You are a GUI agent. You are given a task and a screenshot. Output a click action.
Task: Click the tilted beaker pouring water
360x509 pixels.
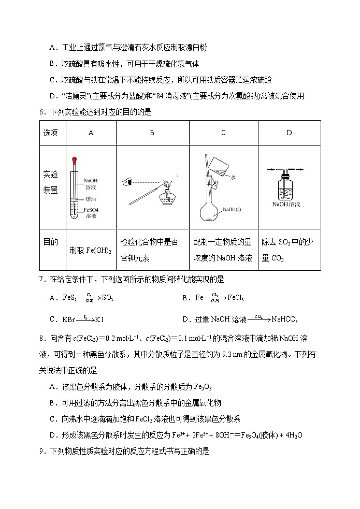click(x=219, y=165)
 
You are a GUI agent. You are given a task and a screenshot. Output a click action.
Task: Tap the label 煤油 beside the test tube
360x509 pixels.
click(x=90, y=198)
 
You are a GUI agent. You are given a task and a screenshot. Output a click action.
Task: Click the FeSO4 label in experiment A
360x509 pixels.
click(x=91, y=210)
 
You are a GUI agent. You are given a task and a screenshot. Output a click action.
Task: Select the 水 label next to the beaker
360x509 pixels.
click(x=234, y=177)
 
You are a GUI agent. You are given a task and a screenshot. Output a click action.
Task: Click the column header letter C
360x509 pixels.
click(x=223, y=133)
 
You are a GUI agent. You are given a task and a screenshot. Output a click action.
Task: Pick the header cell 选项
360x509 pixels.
click(x=51, y=133)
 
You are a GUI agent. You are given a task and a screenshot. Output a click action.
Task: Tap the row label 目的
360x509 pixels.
click(x=51, y=242)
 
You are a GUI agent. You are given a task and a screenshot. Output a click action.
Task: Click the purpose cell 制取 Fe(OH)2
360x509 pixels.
click(x=91, y=251)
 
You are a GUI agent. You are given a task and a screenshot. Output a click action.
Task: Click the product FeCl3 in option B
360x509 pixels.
click(x=236, y=298)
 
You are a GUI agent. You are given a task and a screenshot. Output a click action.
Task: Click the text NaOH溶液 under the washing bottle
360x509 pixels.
click(x=286, y=205)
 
